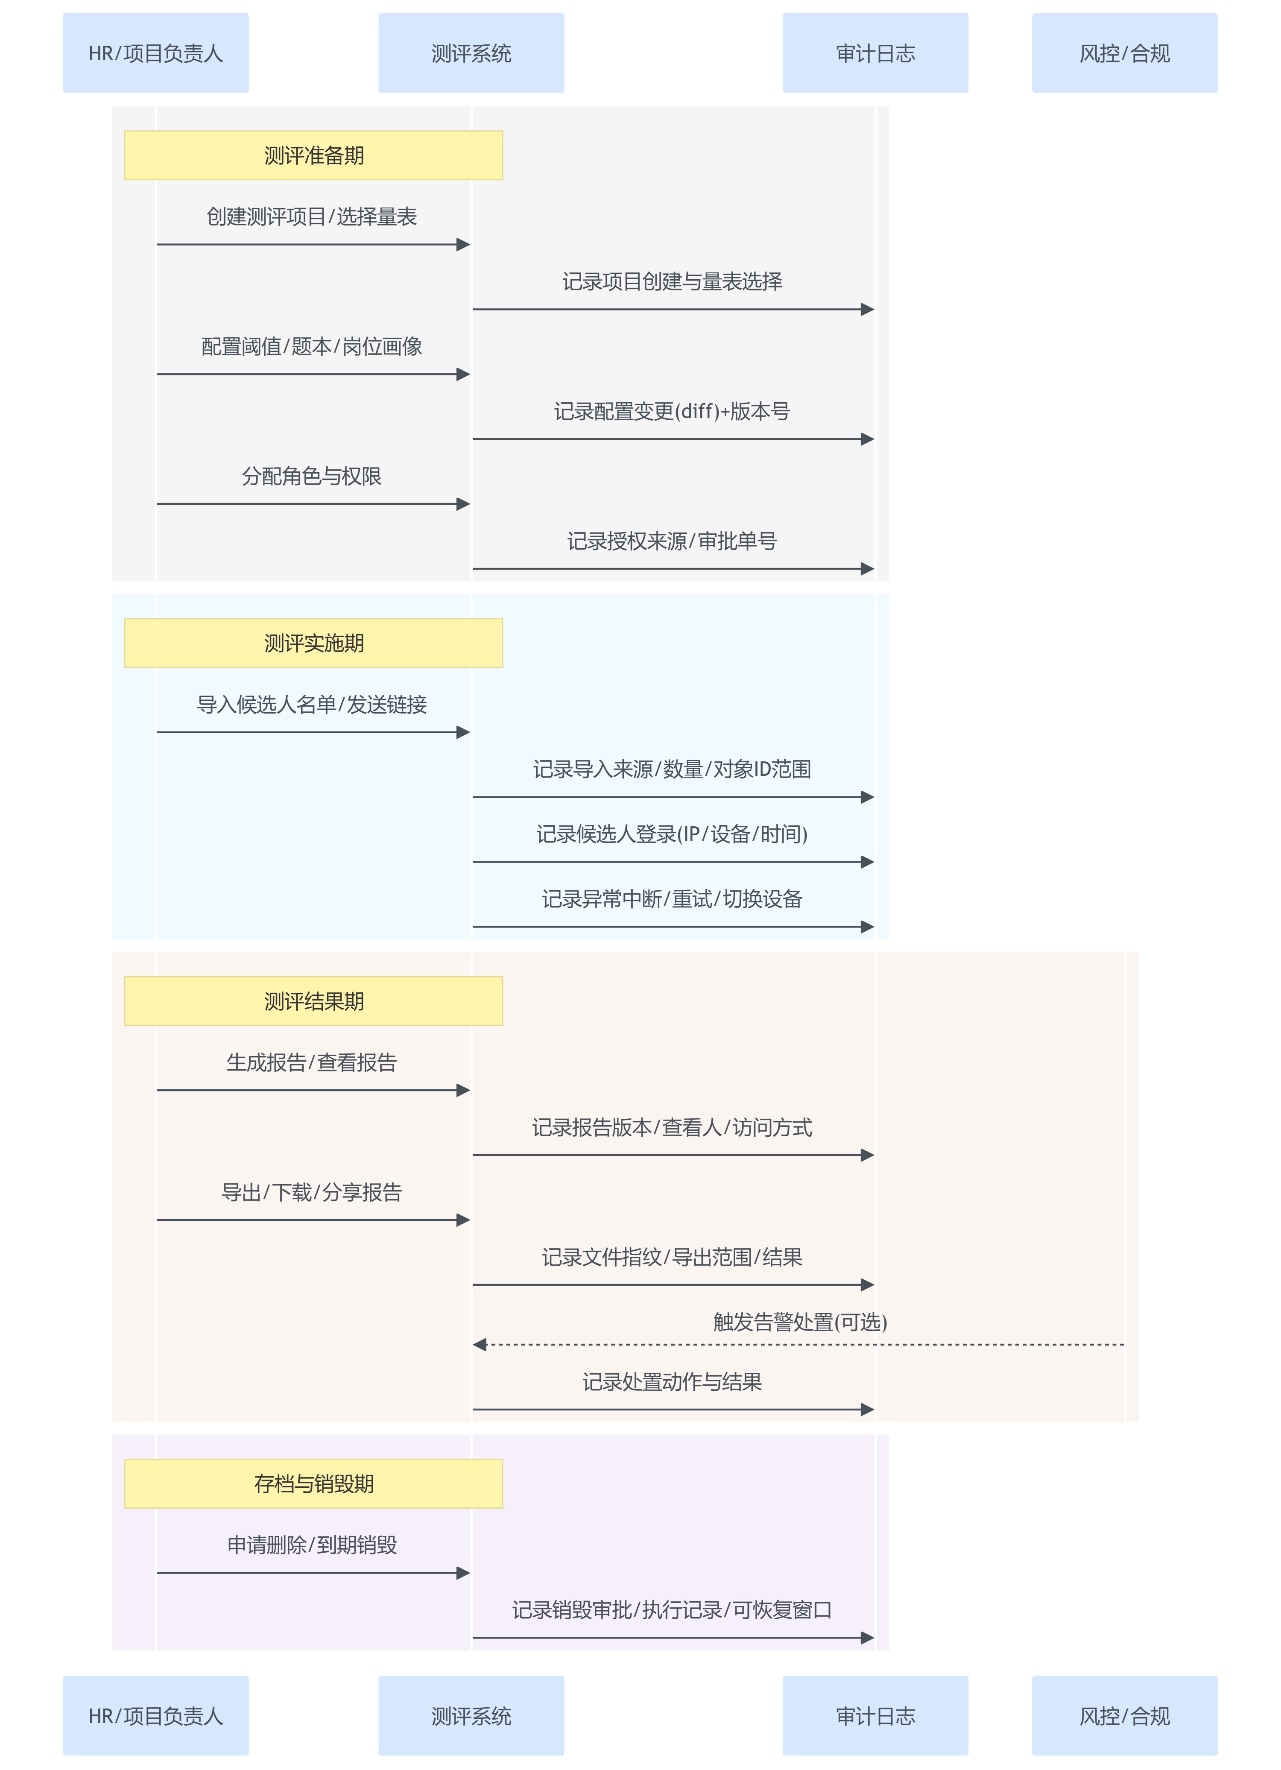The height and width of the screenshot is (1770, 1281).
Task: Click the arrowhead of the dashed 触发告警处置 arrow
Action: point(479,1345)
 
